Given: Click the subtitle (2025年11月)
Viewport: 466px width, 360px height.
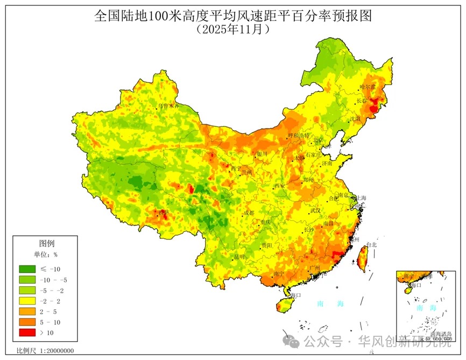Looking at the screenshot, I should tap(233, 30).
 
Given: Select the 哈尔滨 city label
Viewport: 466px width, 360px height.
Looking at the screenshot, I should tap(369, 87).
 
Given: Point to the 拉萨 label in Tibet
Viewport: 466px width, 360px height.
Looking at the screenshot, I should tap(162, 213).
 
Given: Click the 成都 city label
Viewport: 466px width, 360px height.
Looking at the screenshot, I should tap(248, 213).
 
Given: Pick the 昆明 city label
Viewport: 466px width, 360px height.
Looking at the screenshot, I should tap(239, 257).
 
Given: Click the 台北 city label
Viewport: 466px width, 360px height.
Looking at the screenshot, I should tap(371, 245).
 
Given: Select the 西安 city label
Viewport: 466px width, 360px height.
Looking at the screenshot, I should tap(279, 186).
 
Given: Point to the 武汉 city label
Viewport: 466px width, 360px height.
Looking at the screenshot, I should tap(315, 210).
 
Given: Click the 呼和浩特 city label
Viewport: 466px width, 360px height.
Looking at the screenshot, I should tap(299, 136).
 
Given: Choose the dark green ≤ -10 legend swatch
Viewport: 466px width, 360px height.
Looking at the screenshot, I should tap(27, 269).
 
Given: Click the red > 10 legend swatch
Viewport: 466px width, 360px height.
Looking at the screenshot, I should tap(27, 333).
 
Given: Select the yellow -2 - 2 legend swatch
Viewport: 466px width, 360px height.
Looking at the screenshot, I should tap(27, 301).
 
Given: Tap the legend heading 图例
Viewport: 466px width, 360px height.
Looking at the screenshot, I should tap(47, 243).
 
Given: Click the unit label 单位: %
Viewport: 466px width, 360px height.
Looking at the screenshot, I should tap(46, 255).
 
